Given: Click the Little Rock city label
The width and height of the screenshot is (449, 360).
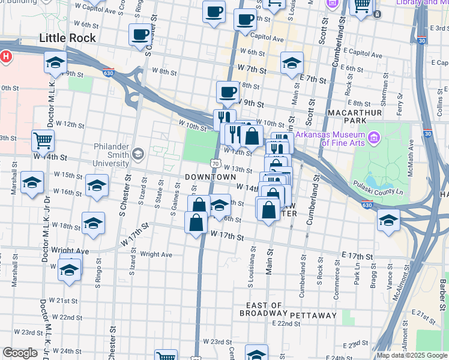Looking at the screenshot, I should click(67, 38).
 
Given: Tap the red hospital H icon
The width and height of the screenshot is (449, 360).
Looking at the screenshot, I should click(5, 58).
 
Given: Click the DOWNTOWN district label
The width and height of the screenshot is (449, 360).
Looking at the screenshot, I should click(210, 178).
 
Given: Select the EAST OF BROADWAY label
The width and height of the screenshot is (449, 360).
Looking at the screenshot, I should click(261, 309).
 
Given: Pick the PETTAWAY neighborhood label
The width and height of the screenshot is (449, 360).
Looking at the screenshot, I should click(313, 315).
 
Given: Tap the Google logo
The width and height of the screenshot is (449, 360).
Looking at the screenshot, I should click(20, 353).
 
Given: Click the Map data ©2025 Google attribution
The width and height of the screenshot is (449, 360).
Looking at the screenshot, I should click(412, 355).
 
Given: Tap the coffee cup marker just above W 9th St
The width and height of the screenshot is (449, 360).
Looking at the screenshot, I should click(228, 92).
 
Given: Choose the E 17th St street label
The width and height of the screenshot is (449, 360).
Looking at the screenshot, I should click(358, 256).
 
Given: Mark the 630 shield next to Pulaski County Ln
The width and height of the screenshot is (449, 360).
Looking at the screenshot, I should click(369, 205).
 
